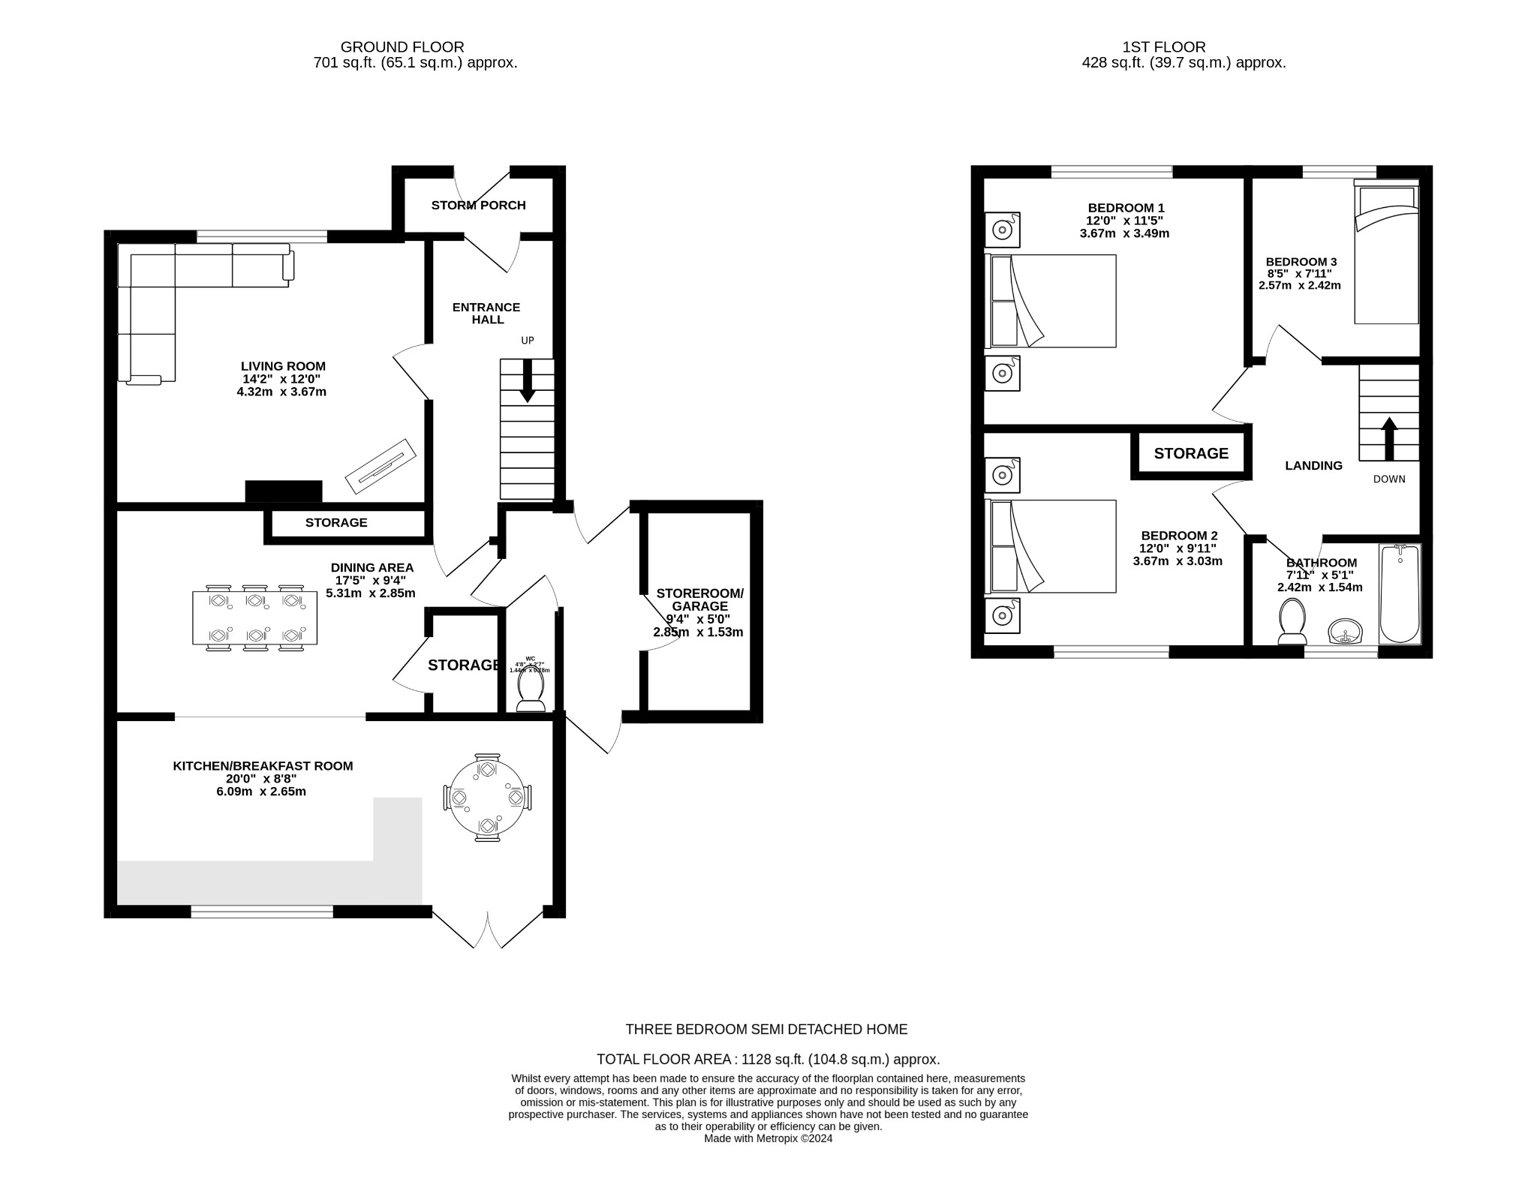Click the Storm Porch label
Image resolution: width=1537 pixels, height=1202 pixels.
(478, 205)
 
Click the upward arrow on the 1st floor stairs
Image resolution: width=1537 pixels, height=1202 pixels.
(1388, 438)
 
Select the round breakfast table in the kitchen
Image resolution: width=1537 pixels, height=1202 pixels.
(488, 797)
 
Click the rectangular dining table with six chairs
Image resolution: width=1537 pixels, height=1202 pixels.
(254, 618)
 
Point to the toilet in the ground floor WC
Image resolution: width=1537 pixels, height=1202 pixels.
(531, 689)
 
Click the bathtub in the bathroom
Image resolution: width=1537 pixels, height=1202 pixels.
(1400, 593)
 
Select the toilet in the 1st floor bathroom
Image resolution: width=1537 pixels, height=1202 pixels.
(1292, 621)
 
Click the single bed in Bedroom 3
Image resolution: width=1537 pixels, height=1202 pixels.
(1386, 255)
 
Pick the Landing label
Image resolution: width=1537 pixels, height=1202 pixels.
(1313, 465)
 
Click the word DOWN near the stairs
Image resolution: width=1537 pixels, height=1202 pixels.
(1389, 479)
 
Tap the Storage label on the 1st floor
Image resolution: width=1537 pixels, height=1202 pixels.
(1191, 453)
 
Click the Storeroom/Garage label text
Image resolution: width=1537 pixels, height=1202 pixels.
(699, 599)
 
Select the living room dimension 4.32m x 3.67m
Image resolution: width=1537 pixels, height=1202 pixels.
(281, 392)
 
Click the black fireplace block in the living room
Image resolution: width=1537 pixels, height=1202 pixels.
(284, 491)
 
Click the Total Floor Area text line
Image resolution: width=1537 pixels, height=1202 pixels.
(768, 1059)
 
